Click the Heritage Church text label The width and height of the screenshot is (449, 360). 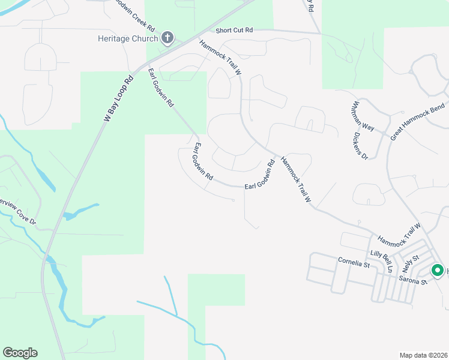(128, 39)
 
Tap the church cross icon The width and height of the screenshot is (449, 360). (167, 39)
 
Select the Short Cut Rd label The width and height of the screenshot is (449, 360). (234, 30)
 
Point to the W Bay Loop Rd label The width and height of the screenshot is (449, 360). (119, 98)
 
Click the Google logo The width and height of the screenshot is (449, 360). (20, 353)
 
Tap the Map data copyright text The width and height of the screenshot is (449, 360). (423, 355)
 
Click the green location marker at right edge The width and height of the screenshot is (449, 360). (436, 271)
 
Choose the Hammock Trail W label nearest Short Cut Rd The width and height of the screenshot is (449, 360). (220, 57)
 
